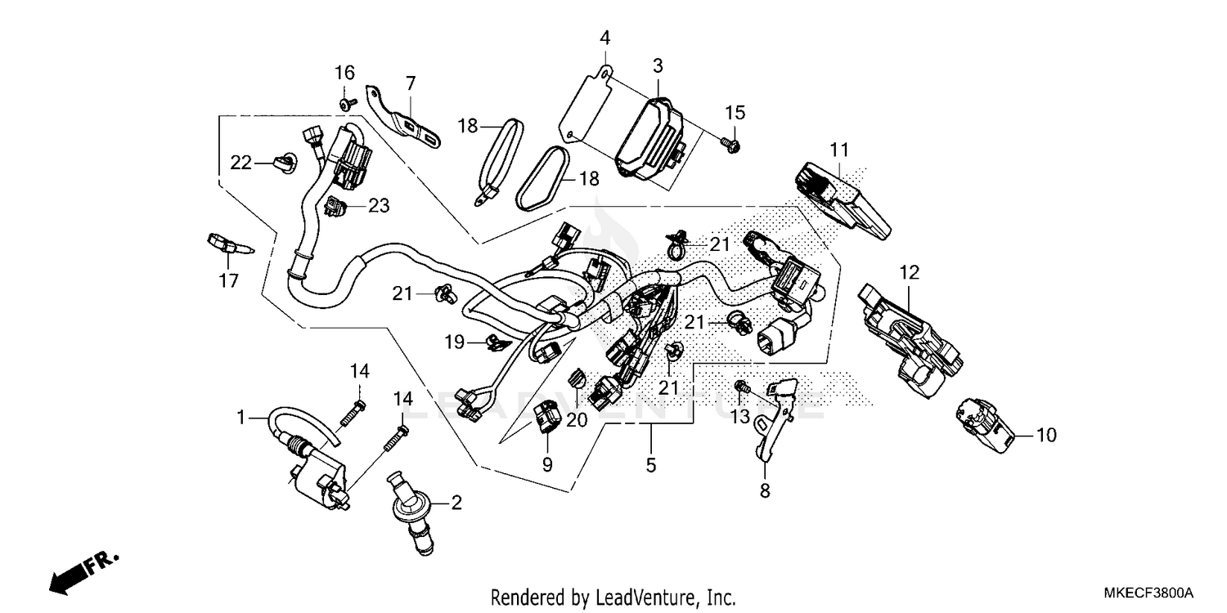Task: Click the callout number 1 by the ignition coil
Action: pos(241,418)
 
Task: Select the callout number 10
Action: pos(1047,435)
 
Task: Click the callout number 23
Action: pos(378,206)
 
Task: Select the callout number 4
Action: pos(605,38)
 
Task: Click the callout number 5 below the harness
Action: pos(651,465)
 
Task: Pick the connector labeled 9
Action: pos(546,417)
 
